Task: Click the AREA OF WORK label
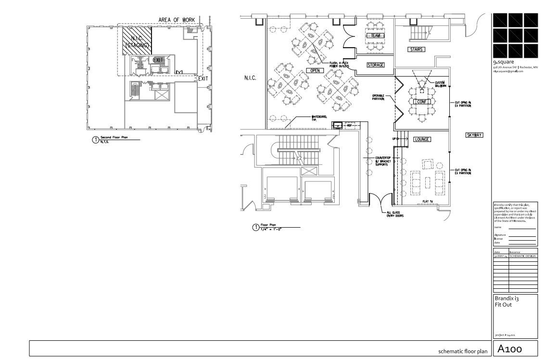coord(177,20)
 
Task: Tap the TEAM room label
coord(376,36)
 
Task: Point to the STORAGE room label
coord(375,65)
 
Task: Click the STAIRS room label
coord(415,50)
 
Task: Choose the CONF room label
coord(421,102)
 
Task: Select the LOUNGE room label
coord(422,140)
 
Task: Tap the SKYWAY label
coord(474,135)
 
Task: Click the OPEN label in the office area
coord(315,71)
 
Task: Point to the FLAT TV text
coord(429,201)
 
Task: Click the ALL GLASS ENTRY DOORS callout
coord(395,214)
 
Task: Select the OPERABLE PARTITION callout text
coord(379,98)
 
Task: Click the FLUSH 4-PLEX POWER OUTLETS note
coord(340,65)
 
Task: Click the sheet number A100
coord(510,348)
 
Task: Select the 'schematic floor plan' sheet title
coord(462,351)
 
